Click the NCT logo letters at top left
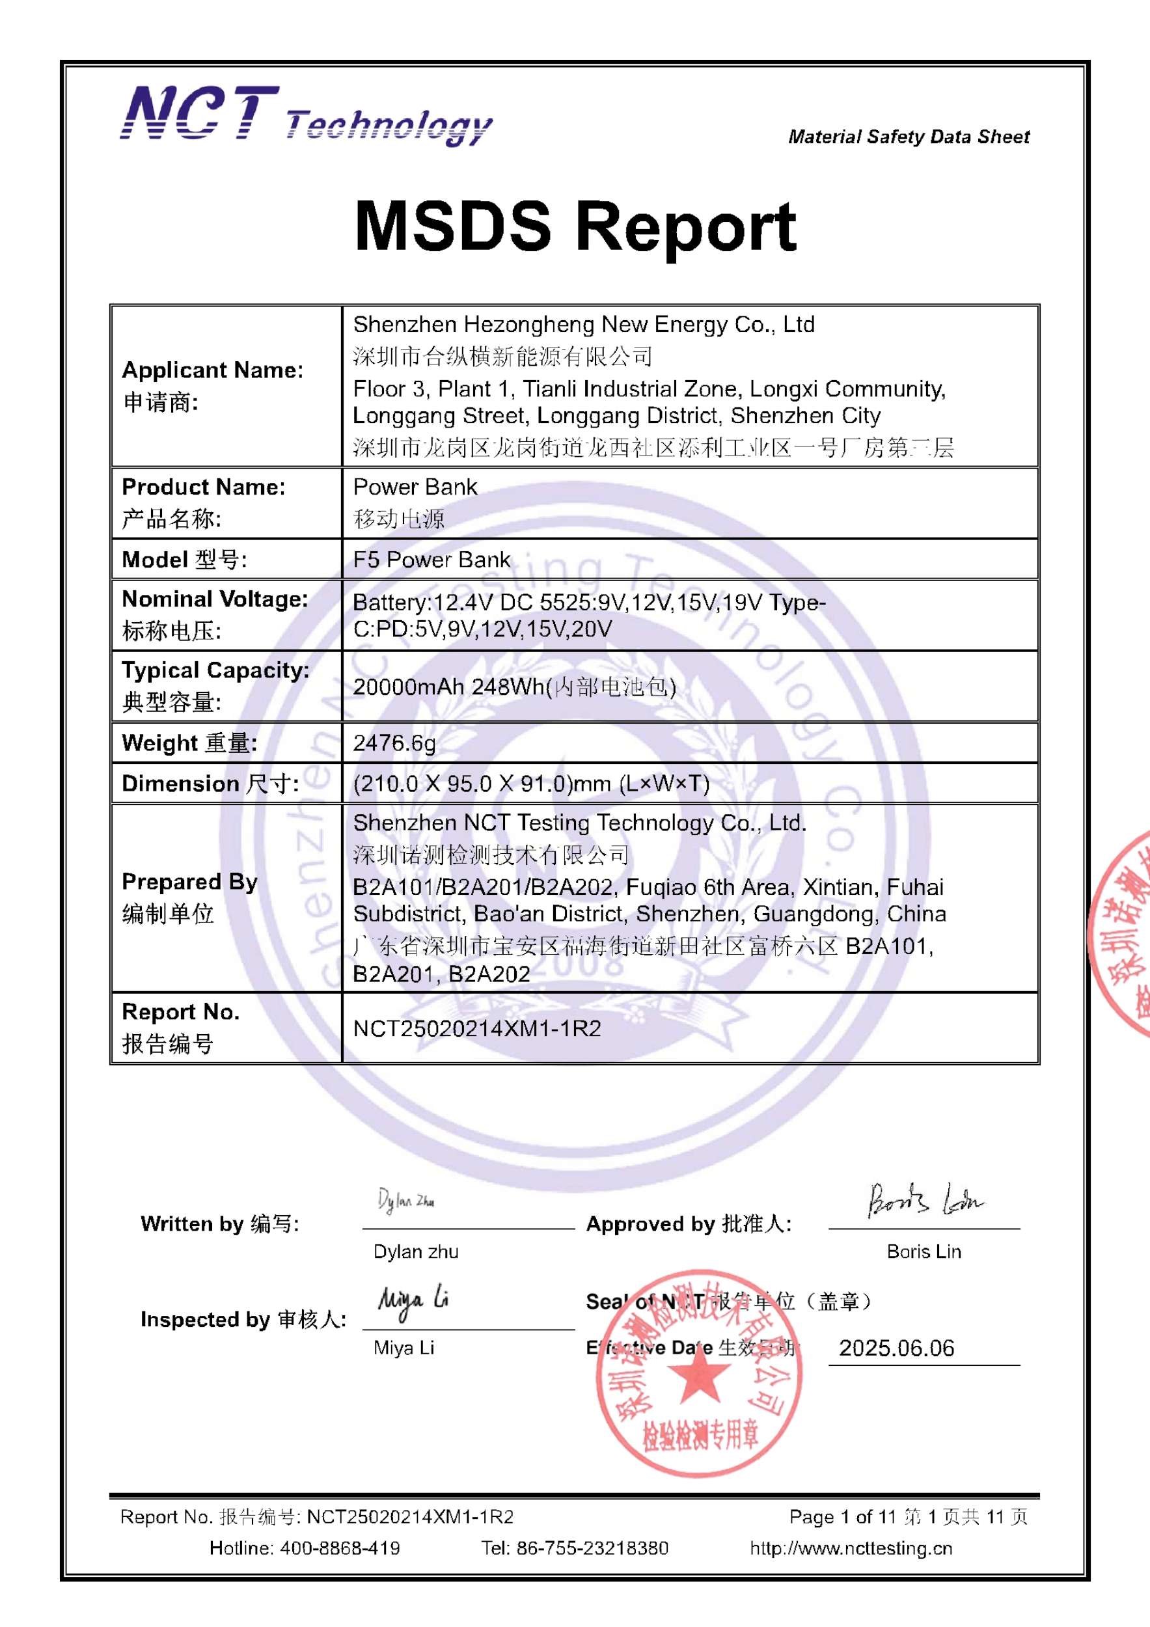click(200, 113)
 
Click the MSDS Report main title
click(575, 226)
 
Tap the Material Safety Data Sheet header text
click(909, 137)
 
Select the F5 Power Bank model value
click(431, 560)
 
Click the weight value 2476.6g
click(394, 743)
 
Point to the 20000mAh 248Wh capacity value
click(513, 687)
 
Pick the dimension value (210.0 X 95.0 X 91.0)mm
click(530, 784)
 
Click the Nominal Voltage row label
click(215, 599)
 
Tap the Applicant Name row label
click(213, 370)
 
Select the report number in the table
click(477, 1028)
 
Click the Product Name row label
click(203, 487)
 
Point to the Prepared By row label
click(189, 882)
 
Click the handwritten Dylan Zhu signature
click(406, 1201)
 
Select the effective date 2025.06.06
click(896, 1348)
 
